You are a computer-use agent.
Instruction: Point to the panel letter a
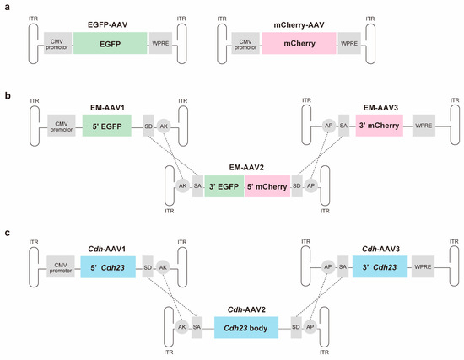click(6, 7)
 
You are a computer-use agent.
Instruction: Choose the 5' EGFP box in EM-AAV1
click(106, 127)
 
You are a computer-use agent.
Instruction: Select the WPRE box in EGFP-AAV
click(162, 39)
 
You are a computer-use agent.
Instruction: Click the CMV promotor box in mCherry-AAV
click(245, 39)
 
